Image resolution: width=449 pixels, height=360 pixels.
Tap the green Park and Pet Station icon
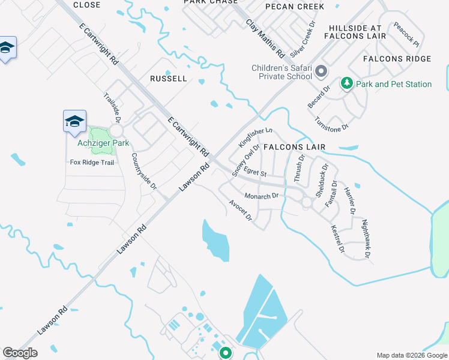346,83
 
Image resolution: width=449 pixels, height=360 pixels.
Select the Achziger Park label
103,143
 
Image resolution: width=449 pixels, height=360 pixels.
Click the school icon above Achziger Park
75,122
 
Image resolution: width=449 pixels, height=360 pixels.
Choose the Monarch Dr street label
262,196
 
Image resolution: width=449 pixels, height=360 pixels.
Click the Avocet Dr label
240,210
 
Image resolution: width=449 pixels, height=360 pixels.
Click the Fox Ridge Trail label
92,162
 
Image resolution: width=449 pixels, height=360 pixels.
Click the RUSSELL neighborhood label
169,79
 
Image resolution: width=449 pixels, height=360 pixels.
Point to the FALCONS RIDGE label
397,59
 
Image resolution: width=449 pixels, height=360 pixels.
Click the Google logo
20,353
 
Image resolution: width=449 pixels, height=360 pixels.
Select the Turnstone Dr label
331,124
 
